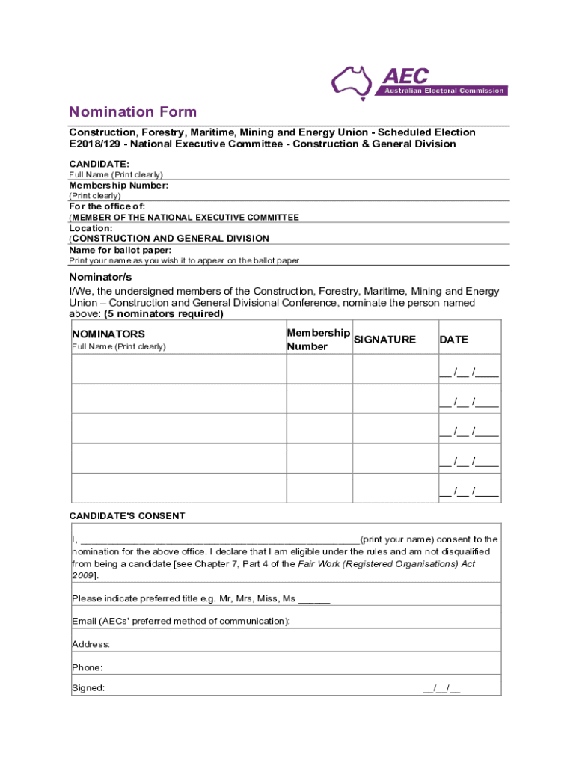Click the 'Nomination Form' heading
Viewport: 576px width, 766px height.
132,112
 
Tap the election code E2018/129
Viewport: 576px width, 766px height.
94,144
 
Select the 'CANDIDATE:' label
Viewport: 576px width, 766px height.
99,164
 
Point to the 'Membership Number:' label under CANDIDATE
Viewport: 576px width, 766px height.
118,185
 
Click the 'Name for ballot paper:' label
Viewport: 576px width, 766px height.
120,250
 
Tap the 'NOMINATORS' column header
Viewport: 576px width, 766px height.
108,334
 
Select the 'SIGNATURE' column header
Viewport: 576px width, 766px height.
384,340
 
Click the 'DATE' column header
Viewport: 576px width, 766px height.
453,340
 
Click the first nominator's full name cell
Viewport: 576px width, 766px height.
178,369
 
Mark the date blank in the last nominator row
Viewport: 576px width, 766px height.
469,491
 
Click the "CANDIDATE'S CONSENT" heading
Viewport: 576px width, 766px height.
127,516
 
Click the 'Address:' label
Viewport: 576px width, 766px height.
91,644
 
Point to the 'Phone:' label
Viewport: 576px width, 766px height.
88,667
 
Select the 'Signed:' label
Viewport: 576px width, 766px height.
88,688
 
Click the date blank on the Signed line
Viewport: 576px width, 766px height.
441,689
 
